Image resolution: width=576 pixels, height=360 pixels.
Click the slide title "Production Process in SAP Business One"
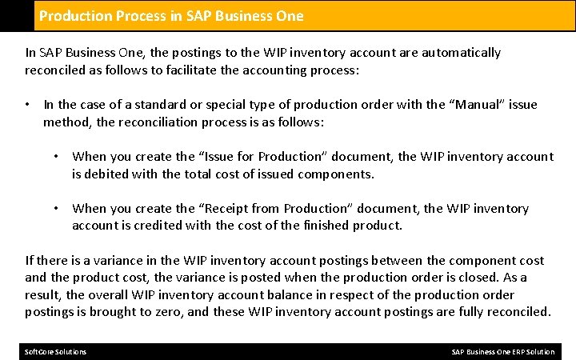click(171, 16)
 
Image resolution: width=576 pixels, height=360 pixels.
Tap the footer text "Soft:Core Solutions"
click(56, 352)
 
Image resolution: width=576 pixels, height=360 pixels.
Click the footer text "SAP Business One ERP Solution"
click(502, 352)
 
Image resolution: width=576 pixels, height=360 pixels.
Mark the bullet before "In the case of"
click(28, 105)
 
